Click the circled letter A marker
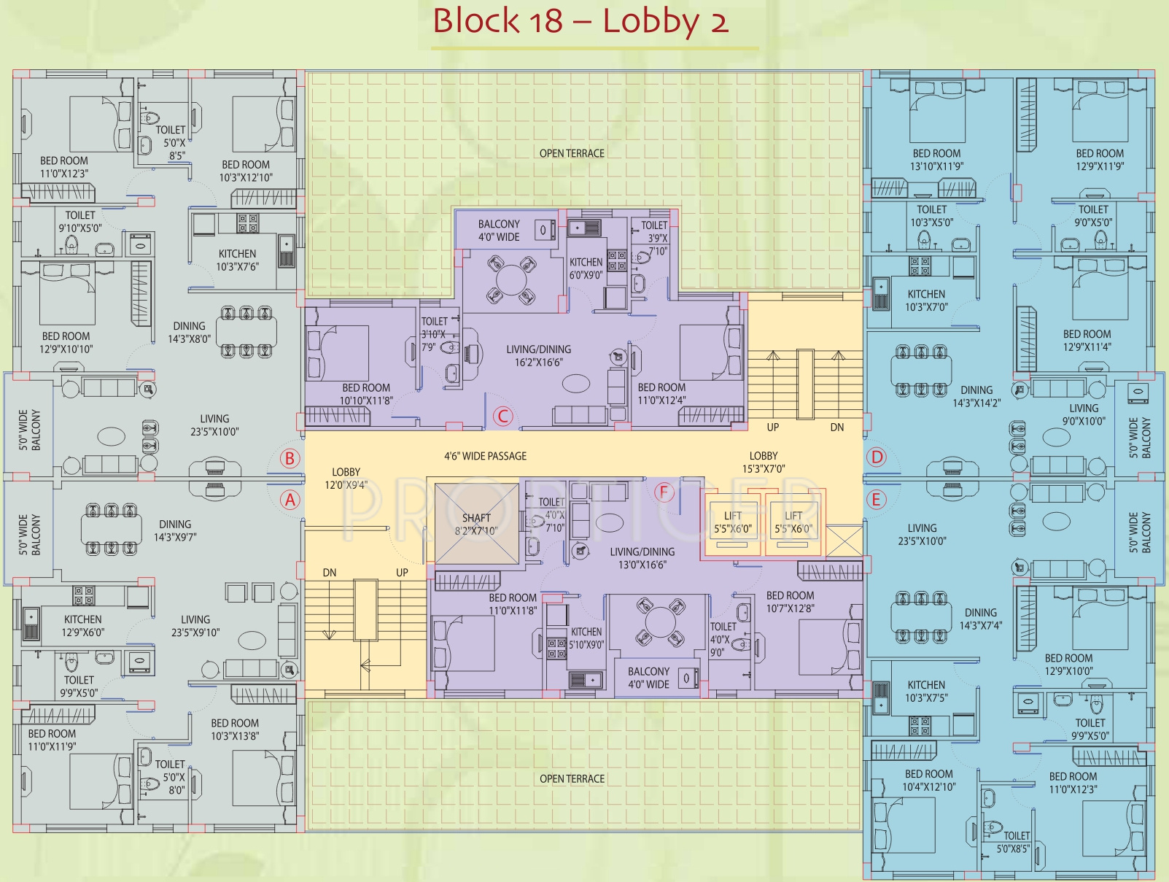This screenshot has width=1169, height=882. pyautogui.click(x=290, y=500)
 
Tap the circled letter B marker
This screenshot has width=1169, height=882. pyautogui.click(x=290, y=458)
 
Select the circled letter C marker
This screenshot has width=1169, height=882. pyautogui.click(x=502, y=417)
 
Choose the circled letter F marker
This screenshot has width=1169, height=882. pyautogui.click(x=664, y=492)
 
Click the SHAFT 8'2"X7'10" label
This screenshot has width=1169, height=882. pyautogui.click(x=476, y=524)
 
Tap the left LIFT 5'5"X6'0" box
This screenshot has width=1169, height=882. pyautogui.click(x=732, y=523)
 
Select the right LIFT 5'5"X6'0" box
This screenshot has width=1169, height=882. pyautogui.click(x=793, y=523)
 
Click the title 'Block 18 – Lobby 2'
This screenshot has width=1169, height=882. pyautogui.click(x=580, y=21)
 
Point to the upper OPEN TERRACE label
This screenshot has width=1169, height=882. pyautogui.click(x=572, y=153)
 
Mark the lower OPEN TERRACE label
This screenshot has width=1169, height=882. pyautogui.click(x=572, y=779)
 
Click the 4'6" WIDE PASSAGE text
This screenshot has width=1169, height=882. pyautogui.click(x=485, y=456)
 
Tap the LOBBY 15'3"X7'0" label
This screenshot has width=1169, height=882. pyautogui.click(x=764, y=463)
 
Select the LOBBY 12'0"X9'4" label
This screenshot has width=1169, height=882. pyautogui.click(x=346, y=479)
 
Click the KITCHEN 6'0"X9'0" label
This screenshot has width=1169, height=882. pyautogui.click(x=586, y=268)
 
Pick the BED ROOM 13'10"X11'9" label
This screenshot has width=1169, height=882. pyautogui.click(x=936, y=160)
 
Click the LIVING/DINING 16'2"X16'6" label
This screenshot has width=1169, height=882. pyautogui.click(x=538, y=356)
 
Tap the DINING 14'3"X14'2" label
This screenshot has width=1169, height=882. pyautogui.click(x=976, y=396)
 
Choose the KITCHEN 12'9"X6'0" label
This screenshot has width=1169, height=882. pyautogui.click(x=82, y=626)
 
